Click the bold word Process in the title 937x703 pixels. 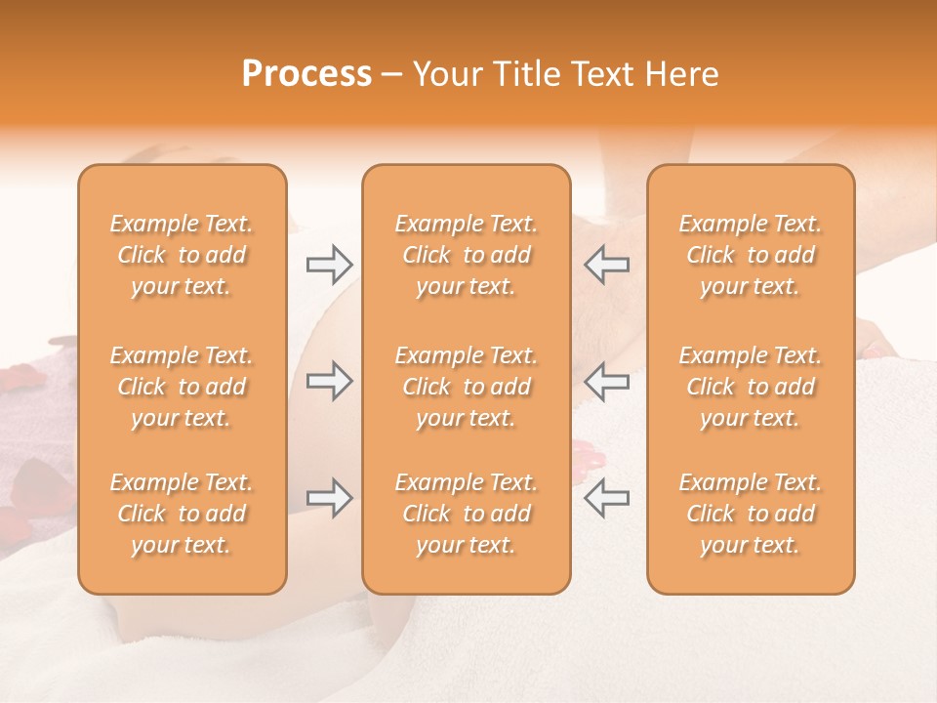coord(306,74)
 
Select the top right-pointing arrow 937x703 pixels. coord(330,264)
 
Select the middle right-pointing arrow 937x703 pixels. coord(330,381)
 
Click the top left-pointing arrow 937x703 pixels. coord(606,264)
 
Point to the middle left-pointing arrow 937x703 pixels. coord(606,381)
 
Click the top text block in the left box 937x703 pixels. coord(182,255)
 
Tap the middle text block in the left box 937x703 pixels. coord(182,387)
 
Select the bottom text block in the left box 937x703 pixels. coord(182,514)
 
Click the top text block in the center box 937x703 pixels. coord(466,255)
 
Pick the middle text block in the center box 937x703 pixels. coord(466,387)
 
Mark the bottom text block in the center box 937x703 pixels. coord(466,514)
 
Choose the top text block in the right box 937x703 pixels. coord(751,255)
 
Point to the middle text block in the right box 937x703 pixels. coord(751,387)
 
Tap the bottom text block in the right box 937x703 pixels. coord(751,514)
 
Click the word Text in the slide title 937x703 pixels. coord(598,74)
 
